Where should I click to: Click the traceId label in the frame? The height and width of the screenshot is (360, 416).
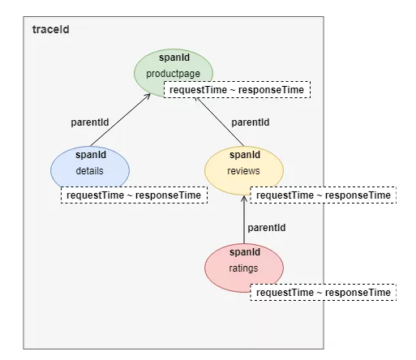click(x=51, y=29)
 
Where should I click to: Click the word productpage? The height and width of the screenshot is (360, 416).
click(x=174, y=74)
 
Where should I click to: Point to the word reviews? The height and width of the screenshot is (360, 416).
click(x=243, y=171)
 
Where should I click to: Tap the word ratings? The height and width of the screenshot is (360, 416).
click(x=243, y=268)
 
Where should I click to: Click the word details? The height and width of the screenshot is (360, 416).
click(x=89, y=171)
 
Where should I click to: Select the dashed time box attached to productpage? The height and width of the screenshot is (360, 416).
click(x=237, y=89)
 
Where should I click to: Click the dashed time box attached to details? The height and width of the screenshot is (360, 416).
click(x=134, y=195)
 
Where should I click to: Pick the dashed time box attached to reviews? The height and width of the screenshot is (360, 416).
click(x=324, y=195)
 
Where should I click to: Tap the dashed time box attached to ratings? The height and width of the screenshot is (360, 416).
click(x=324, y=292)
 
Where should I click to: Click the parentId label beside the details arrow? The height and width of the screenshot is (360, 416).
click(x=90, y=122)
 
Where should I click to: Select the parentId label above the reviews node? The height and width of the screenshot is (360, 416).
click(x=251, y=122)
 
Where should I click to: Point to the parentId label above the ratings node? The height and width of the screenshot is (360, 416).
click(x=267, y=228)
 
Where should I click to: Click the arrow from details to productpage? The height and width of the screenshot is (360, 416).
click(x=120, y=120)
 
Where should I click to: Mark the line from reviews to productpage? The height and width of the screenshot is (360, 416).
click(x=221, y=122)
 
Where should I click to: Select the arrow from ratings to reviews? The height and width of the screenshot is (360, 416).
click(x=244, y=220)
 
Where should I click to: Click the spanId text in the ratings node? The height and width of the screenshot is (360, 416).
click(x=245, y=252)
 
